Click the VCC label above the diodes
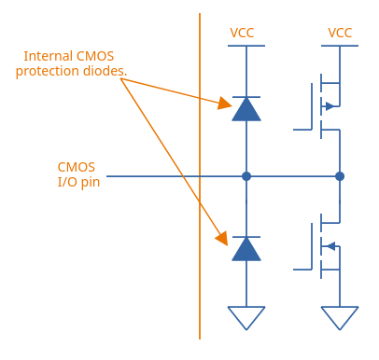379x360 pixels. pyautogui.click(x=242, y=33)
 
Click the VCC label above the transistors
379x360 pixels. pyautogui.click(x=340, y=33)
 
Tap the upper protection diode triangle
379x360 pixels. pyautogui.click(x=246, y=109)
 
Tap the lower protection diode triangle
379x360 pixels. pyautogui.click(x=246, y=249)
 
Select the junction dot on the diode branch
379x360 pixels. pyautogui.click(x=246, y=176)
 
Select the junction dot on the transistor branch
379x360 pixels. pyautogui.click(x=340, y=176)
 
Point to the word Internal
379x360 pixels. pyautogui.click(x=49, y=56)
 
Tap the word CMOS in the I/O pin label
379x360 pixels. pyautogui.click(x=77, y=167)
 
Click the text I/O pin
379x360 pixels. pyautogui.click(x=78, y=182)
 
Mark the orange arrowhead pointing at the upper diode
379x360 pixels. pyautogui.click(x=224, y=103)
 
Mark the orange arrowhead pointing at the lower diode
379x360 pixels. pyautogui.click(x=222, y=239)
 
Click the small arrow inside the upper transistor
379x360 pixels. pyautogui.click(x=330, y=106)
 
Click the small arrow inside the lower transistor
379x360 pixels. pyautogui.click(x=331, y=246)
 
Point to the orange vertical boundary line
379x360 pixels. pyautogui.click(x=200, y=176)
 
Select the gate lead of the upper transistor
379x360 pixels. pyautogui.click(x=302, y=130)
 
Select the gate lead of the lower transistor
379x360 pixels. pyautogui.click(x=302, y=270)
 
